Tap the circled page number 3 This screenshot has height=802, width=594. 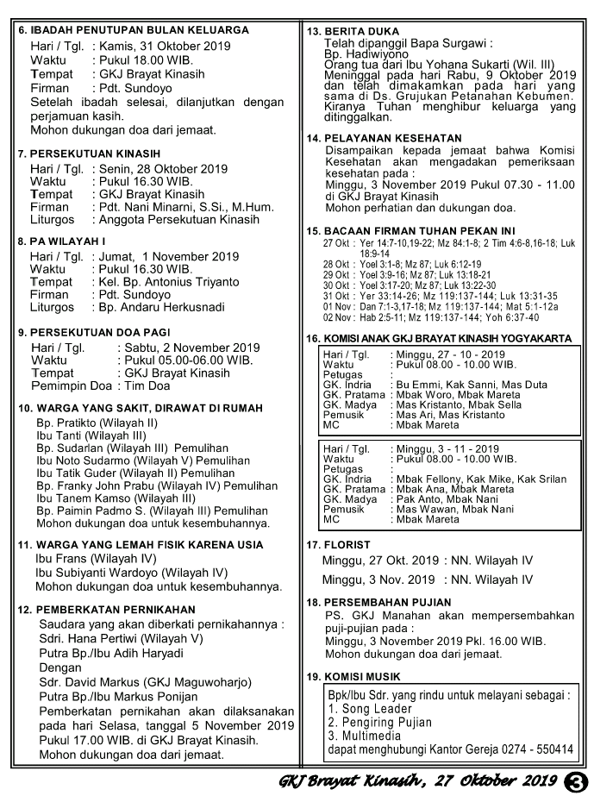(x=573, y=782)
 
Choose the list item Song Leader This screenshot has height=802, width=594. (x=371, y=709)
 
